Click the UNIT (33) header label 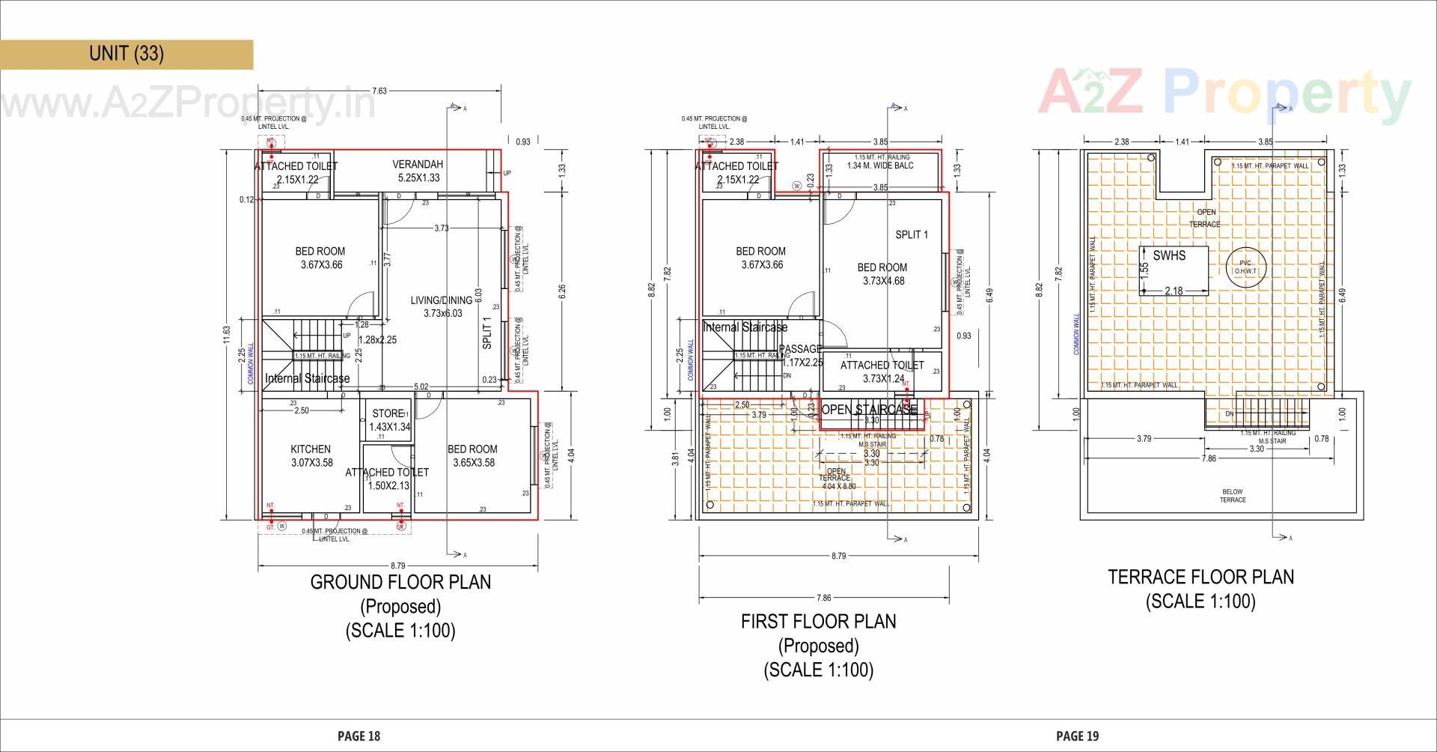[x=126, y=54]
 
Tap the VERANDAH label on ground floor [x=418, y=171]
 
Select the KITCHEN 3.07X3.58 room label [x=311, y=455]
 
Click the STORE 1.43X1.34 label [x=389, y=420]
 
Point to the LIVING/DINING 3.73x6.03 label [x=442, y=306]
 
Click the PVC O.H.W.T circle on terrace [x=1245, y=267]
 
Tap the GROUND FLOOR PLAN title [x=400, y=582]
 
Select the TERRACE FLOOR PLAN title [x=1200, y=577]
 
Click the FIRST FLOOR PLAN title [x=818, y=622]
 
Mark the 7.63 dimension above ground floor [x=379, y=91]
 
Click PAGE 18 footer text [x=359, y=736]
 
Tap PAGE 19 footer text [x=1077, y=736]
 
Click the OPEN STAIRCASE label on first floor [x=868, y=410]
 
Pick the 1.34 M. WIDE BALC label [x=880, y=166]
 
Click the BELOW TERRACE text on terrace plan [x=1233, y=496]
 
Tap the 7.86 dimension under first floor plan [x=823, y=598]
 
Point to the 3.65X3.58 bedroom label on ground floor [x=473, y=455]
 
